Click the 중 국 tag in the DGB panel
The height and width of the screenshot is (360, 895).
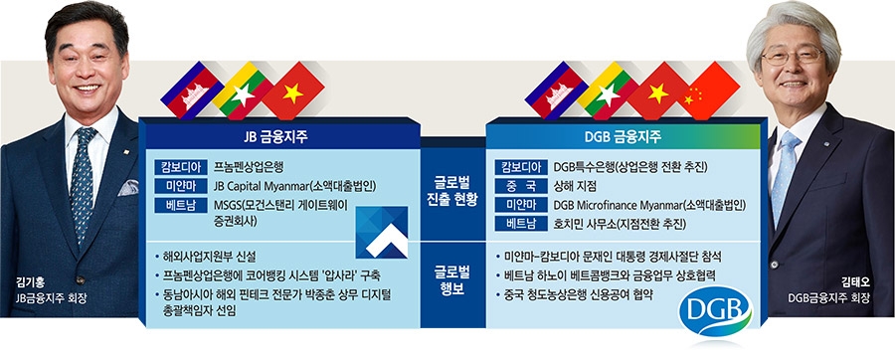coord(520,185)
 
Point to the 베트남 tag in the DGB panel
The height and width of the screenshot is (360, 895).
coord(520,224)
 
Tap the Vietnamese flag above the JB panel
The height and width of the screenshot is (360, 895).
coord(291,90)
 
